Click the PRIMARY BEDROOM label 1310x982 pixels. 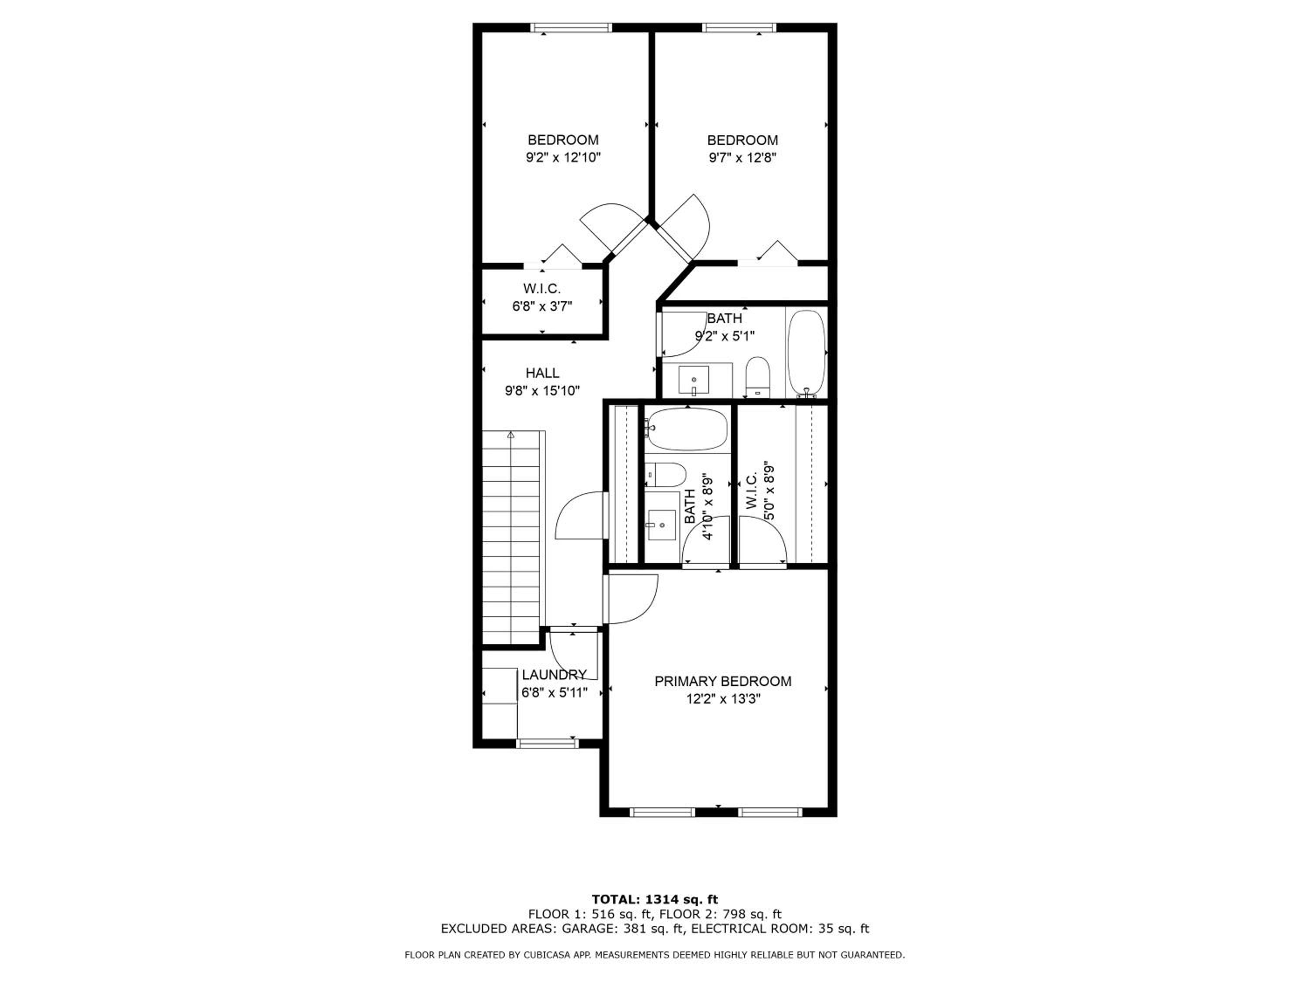(x=723, y=681)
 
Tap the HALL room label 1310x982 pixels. (x=542, y=373)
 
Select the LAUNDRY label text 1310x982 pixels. (x=554, y=675)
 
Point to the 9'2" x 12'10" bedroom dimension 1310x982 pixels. (x=563, y=158)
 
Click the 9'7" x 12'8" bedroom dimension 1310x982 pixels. (x=742, y=158)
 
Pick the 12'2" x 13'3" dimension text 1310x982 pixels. (x=723, y=699)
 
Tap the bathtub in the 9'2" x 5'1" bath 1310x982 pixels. (x=806, y=354)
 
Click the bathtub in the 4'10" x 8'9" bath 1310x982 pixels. (x=687, y=429)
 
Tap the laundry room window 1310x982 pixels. (x=547, y=743)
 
